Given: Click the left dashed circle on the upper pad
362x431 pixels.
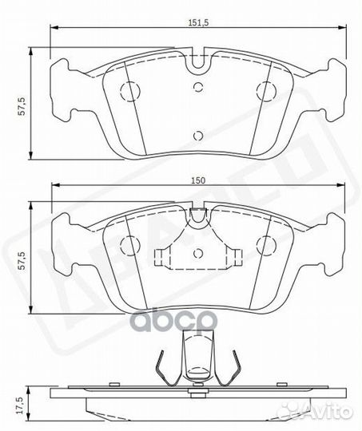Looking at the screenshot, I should pyautogui.click(x=128, y=89).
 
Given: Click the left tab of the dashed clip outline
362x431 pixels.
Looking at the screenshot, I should pyautogui.click(x=161, y=257).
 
